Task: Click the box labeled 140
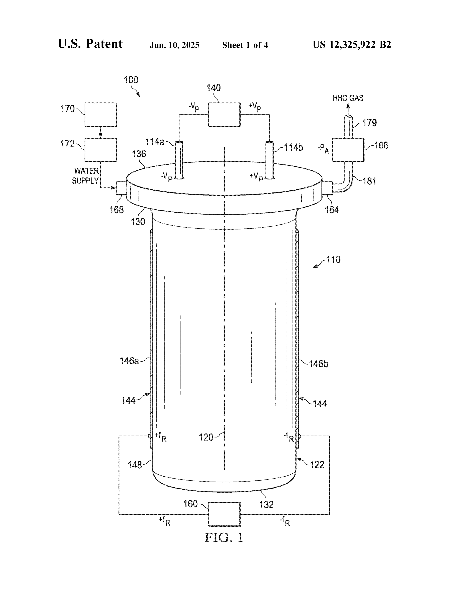[x=224, y=115]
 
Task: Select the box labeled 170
[x=100, y=115]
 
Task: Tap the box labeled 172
[x=100, y=150]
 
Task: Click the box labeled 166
[x=348, y=150]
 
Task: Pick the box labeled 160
[x=224, y=514]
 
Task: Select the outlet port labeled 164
[x=327, y=188]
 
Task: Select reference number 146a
[x=129, y=361]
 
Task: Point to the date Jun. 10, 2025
[x=174, y=45]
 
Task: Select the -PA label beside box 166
[x=323, y=149]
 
